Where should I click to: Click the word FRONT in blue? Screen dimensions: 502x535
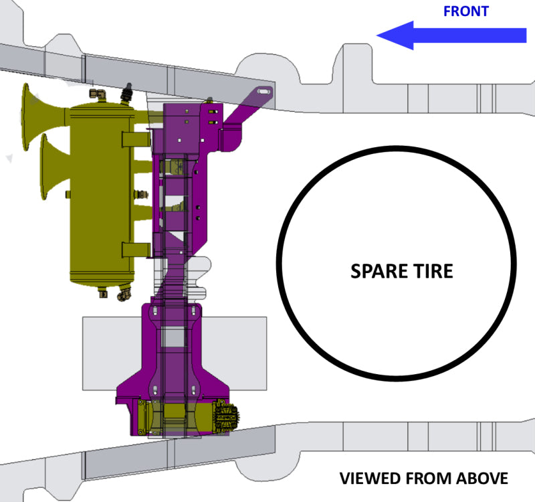click(465, 11)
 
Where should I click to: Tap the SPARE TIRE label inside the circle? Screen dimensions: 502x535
click(402, 272)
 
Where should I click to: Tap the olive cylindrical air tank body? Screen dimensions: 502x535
click(100, 194)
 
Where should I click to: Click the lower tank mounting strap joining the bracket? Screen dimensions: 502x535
click(136, 250)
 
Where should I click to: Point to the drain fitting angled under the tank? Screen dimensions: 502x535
click(123, 295)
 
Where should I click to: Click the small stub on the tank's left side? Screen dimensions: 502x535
click(68, 194)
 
